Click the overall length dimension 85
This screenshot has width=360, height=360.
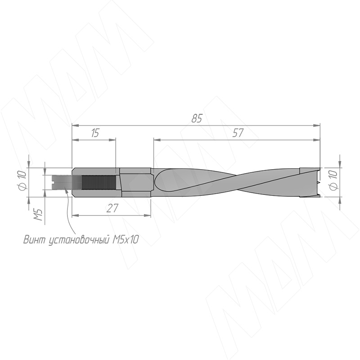197,118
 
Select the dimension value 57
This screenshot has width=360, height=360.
238,133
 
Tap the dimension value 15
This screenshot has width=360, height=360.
94,133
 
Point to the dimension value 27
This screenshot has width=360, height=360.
112,208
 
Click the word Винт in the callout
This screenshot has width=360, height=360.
36,240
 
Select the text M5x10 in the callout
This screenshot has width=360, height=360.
126,240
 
